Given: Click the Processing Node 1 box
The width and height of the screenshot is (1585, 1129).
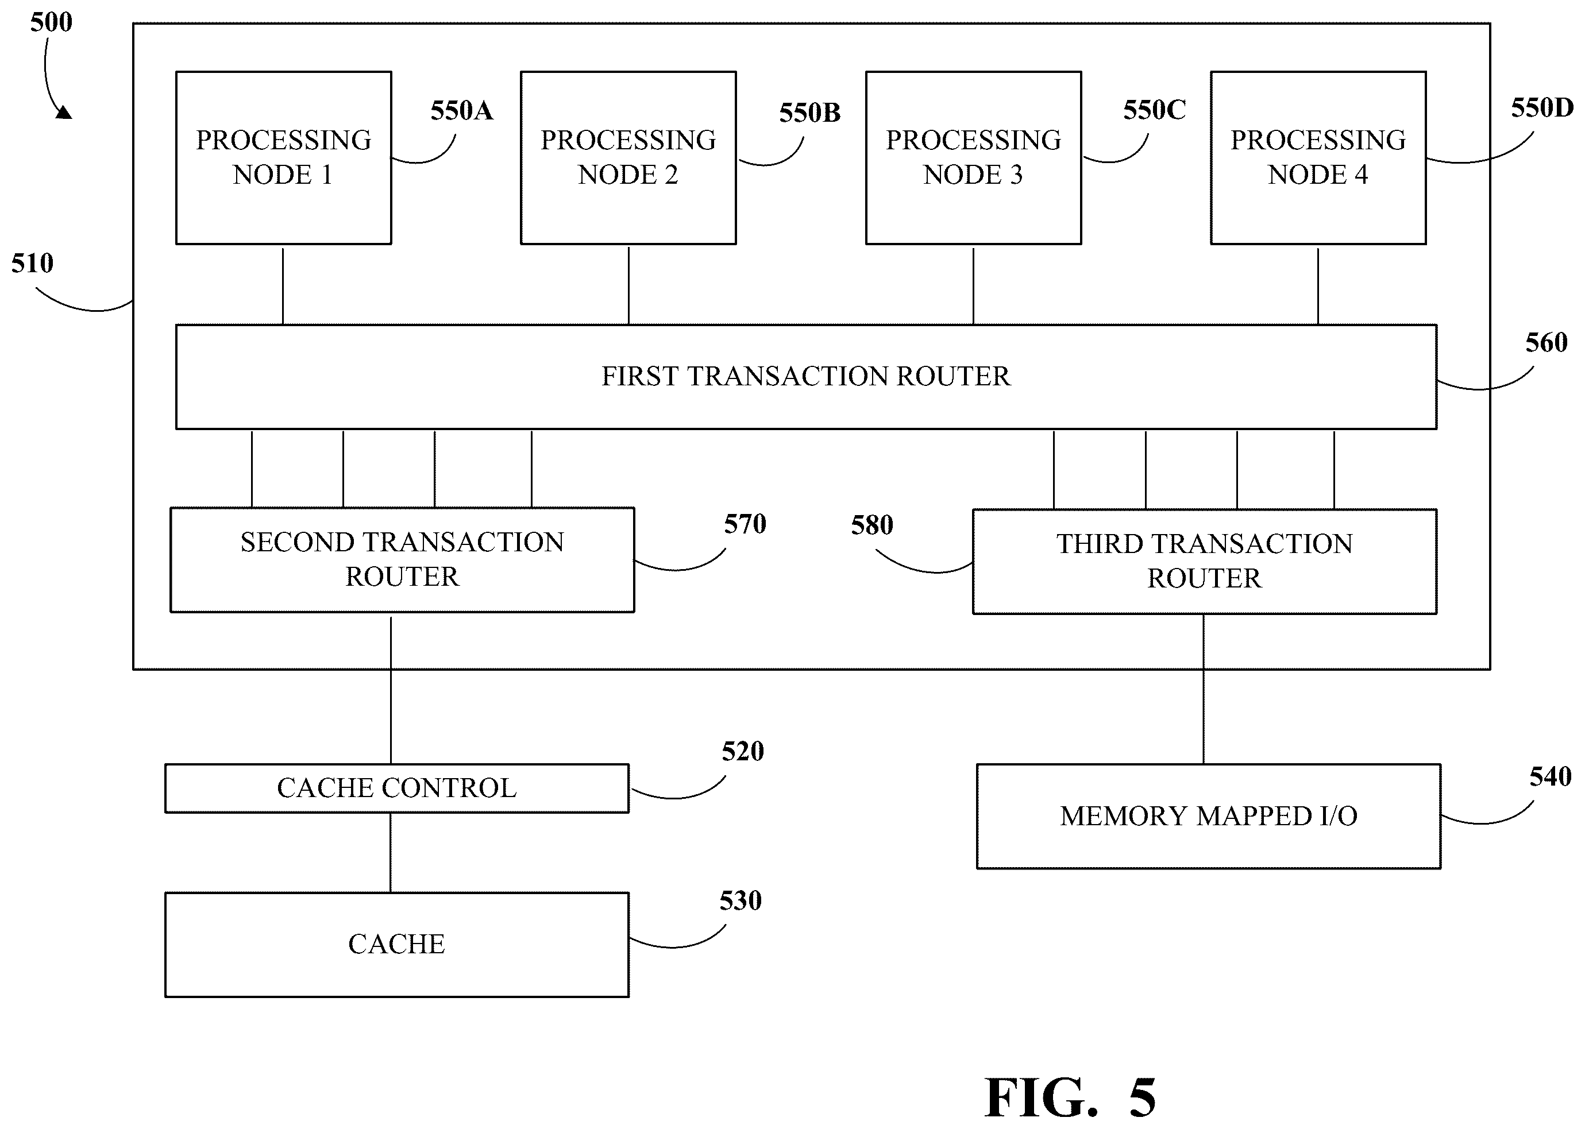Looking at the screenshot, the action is pos(283,158).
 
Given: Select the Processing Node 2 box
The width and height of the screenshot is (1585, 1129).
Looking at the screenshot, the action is pos(628,158).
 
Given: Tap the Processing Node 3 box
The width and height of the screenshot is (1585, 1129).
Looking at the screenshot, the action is pos(973,158).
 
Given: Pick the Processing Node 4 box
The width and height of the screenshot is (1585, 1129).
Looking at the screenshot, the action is pos(1318,158).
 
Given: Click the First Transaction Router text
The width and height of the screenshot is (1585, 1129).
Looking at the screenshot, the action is pos(805,376).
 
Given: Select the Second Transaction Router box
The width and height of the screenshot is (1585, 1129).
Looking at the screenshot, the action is pos(402,560).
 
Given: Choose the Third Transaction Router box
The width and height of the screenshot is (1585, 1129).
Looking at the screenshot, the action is pos(1205,562).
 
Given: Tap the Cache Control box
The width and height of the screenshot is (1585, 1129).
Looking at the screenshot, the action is pos(396,788).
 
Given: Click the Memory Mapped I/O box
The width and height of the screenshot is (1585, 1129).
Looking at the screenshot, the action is pos(1209,816).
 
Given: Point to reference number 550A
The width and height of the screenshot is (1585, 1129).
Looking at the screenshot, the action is pos(462,110).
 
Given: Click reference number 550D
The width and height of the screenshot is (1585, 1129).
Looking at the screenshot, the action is pos(1542,108).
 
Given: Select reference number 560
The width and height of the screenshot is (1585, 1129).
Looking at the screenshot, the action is pos(1546,343).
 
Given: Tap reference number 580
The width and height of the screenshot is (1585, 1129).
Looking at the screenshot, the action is pos(872,525).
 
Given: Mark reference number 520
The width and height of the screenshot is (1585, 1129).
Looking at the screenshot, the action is pos(743,752).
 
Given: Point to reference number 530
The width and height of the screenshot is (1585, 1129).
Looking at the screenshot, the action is pos(741,901).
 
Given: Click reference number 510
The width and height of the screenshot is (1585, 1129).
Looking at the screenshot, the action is pos(32,264).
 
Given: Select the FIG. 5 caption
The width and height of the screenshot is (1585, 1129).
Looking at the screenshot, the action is pos(1070,1097).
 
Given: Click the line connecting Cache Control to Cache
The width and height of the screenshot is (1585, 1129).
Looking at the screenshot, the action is pos(390,853).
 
